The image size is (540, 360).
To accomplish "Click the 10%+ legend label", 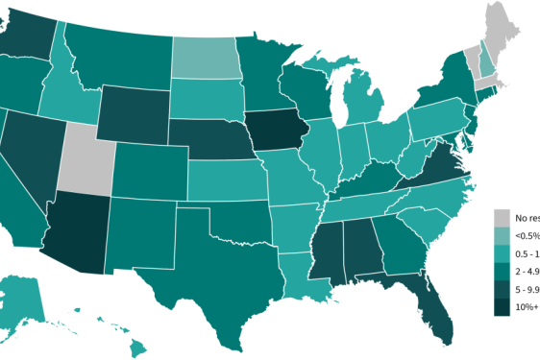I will (526, 307).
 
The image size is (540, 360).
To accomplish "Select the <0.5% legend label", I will (525, 235).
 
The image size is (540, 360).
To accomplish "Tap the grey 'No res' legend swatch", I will (502, 217).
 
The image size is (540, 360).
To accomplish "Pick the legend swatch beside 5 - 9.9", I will (502, 289).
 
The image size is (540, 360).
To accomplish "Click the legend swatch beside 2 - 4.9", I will (502, 272).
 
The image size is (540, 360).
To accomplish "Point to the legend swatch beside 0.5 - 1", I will (502, 253).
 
